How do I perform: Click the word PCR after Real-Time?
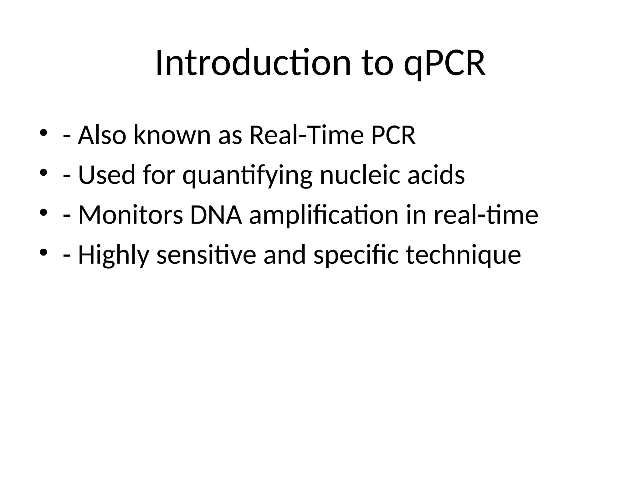[x=393, y=135]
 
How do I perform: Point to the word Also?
[x=102, y=135]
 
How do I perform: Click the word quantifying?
[x=247, y=175]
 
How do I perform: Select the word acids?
[x=436, y=175]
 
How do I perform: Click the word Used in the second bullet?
[x=107, y=175]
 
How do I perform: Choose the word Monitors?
[x=131, y=215]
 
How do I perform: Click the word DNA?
[x=216, y=215]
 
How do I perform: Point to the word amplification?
[x=324, y=215]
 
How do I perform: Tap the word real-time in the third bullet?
[x=486, y=215]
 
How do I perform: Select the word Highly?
[x=114, y=255]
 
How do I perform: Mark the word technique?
[x=463, y=255]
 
